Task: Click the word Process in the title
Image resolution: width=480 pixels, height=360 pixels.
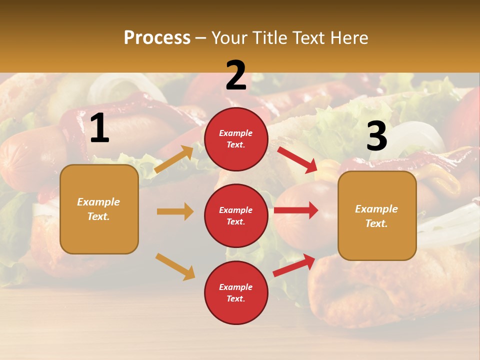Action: tap(157, 38)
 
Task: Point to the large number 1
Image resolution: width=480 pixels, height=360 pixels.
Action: tap(99, 128)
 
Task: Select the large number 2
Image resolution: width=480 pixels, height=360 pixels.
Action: tap(236, 75)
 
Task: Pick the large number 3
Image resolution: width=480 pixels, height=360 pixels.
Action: tap(376, 136)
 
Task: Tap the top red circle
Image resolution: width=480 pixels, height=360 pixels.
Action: tap(236, 139)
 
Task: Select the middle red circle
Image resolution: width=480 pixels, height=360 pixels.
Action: tap(236, 215)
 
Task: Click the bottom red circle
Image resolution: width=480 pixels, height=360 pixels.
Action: tap(236, 292)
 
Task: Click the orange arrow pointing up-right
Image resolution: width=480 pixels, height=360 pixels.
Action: tap(174, 159)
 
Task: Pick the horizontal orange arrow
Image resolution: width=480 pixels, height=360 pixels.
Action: tap(175, 211)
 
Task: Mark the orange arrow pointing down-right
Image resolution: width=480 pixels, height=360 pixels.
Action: tap(175, 266)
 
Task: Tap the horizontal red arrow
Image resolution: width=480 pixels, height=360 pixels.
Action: tap(296, 210)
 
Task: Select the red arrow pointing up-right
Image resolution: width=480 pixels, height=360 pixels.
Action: tap(294, 265)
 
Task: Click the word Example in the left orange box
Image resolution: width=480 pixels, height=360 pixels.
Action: tap(98, 202)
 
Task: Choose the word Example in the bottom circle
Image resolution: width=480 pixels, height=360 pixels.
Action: tap(236, 287)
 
